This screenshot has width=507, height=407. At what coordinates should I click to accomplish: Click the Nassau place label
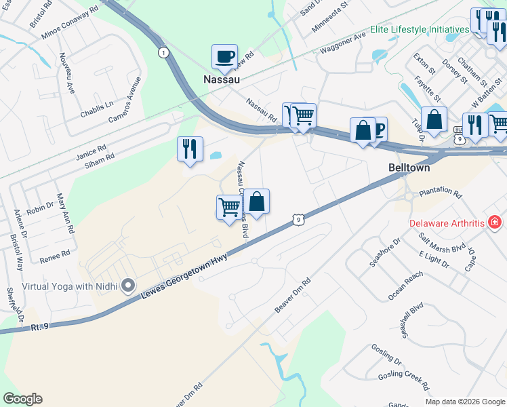click(222, 79)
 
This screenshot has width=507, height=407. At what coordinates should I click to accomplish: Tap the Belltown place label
click(410, 167)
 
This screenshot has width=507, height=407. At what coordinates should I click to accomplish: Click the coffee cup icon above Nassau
click(224, 57)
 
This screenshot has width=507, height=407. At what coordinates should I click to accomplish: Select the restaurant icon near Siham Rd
click(190, 149)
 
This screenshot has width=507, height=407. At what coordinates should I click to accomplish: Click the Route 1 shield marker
click(163, 52)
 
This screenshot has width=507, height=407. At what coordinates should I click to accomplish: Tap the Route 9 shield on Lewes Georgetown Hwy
click(298, 219)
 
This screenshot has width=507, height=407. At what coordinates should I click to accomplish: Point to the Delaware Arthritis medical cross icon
click(495, 222)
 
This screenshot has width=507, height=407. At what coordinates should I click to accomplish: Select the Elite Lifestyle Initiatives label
click(420, 30)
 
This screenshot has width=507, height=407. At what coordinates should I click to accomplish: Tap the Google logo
click(22, 399)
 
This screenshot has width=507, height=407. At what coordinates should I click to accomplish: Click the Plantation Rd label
click(440, 194)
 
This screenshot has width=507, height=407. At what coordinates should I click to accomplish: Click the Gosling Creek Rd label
click(404, 379)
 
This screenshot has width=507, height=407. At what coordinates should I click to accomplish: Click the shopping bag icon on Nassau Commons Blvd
click(257, 201)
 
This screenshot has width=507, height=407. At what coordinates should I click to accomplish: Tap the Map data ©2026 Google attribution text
click(464, 402)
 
